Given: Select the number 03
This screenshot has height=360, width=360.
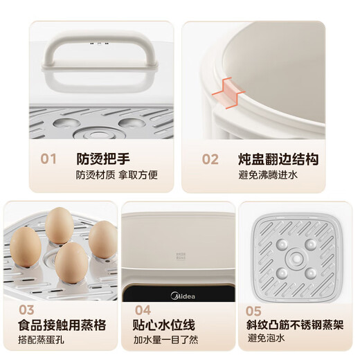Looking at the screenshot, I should (26, 309).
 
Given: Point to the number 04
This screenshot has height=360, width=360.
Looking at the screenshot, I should (143, 309).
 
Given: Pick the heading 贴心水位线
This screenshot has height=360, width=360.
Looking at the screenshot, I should (164, 324).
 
